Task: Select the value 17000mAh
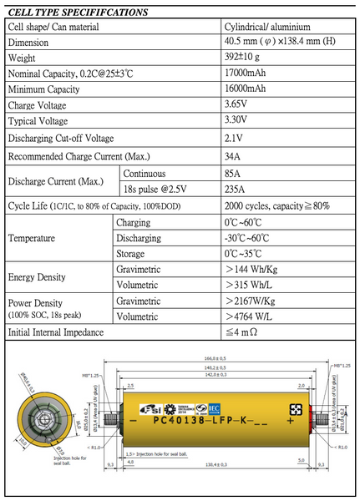251,73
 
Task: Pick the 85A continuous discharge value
236,174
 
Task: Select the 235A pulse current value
239,189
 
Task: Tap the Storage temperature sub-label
134,253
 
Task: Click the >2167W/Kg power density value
255,301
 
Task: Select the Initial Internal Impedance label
57,332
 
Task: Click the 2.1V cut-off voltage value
236,138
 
